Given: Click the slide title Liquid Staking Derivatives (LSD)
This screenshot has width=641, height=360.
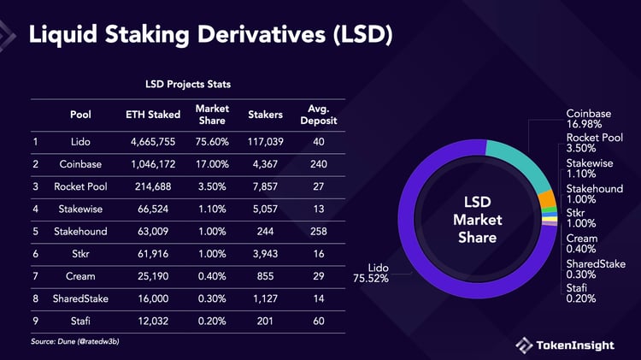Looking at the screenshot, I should (211, 35).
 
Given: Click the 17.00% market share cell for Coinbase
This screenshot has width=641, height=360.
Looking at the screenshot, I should (211, 163).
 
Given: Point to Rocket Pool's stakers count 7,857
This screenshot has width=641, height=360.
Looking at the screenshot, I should (265, 186).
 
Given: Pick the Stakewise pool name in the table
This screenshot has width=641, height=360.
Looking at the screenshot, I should (81, 208).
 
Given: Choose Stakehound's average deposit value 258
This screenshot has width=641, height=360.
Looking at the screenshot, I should (319, 230).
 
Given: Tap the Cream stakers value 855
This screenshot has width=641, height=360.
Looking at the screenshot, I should (265, 275).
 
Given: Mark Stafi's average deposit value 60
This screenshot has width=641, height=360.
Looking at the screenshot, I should (319, 320).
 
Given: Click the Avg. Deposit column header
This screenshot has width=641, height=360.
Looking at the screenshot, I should (319, 114).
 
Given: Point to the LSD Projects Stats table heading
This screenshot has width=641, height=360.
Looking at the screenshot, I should (188, 85).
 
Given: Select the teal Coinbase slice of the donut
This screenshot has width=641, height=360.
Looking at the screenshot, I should (516, 158).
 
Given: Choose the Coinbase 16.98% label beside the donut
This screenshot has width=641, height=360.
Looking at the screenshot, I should (589, 120).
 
